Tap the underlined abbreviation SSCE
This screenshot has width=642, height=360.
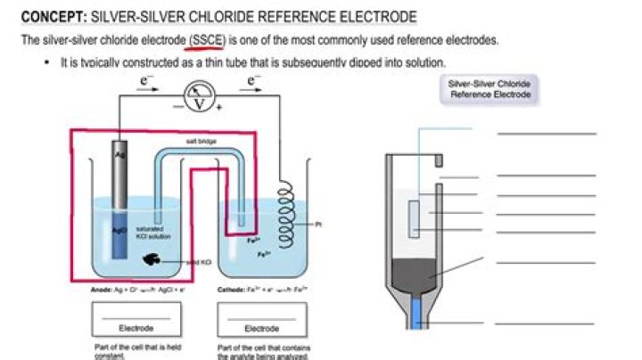(x=208, y=41)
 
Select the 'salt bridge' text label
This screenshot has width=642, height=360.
(x=199, y=142)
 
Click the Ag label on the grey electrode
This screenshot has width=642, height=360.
(x=119, y=155)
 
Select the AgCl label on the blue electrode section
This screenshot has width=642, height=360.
(x=119, y=229)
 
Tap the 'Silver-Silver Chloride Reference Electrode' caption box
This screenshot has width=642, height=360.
(x=490, y=88)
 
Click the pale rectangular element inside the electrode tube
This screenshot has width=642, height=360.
(x=415, y=218)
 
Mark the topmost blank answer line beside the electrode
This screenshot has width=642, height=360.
(x=546, y=134)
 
